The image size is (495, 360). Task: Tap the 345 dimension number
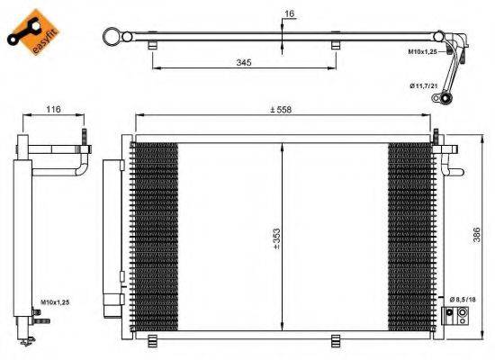[242, 62]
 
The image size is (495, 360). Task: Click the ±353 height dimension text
[275, 236]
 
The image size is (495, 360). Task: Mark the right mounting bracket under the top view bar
[336, 45]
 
